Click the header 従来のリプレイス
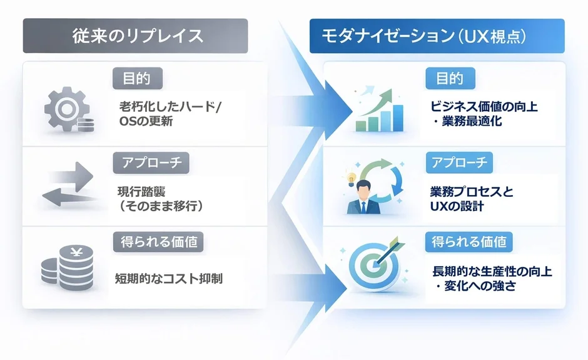pyautogui.click(x=135, y=36)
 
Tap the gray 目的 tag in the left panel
pyautogui.click(x=137, y=78)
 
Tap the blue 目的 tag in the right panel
pyautogui.click(x=450, y=78)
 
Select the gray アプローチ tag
pyautogui.click(x=151, y=162)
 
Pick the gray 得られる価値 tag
pyautogui.click(x=159, y=242)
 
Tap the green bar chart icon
pyautogui.click(x=378, y=111)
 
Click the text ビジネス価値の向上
pyautogui.click(x=484, y=107)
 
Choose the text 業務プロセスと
pyautogui.click(x=472, y=191)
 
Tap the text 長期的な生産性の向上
pyautogui.click(x=492, y=272)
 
